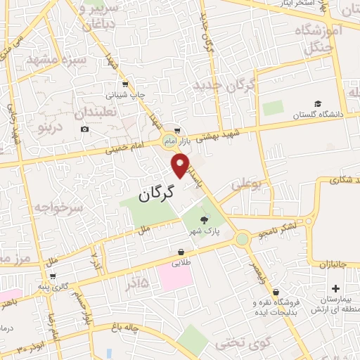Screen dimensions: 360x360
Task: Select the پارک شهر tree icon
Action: click(x=204, y=220)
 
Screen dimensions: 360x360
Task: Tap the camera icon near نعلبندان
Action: click(x=85, y=129)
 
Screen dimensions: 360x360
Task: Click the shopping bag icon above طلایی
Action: click(x=182, y=252)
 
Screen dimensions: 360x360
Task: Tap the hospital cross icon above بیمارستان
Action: click(x=335, y=288)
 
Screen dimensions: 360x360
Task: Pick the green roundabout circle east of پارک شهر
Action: click(x=243, y=239)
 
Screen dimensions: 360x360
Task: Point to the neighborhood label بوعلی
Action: click(x=245, y=184)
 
